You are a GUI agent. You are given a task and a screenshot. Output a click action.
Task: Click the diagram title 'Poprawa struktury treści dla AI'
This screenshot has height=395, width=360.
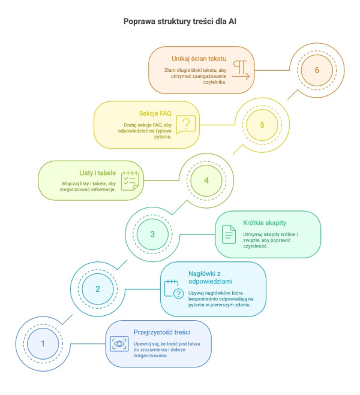[180, 22]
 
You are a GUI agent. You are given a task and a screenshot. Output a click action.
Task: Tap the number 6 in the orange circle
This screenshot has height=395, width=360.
[317, 70]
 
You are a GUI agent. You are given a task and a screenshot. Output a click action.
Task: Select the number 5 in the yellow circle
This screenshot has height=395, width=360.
[262, 125]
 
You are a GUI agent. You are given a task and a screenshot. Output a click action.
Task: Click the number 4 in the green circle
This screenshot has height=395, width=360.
[206, 180]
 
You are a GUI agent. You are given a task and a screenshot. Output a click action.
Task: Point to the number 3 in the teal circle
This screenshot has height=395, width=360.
[152, 234]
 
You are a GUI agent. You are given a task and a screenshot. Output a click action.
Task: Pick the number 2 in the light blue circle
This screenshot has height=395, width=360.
[98, 289]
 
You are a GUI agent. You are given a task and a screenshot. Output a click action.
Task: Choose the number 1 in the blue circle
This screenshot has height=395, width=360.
[43, 343]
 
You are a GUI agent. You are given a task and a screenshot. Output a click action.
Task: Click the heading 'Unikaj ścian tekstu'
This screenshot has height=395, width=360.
[199, 59]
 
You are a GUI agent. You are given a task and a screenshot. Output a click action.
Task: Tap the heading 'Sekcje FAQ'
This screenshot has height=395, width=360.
[155, 113]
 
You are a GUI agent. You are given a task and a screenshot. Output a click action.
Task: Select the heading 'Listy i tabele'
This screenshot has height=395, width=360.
[97, 173]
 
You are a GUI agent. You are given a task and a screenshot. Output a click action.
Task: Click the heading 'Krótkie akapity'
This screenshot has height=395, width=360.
[265, 223]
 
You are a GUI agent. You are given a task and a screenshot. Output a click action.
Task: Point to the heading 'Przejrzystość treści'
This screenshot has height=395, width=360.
[162, 332]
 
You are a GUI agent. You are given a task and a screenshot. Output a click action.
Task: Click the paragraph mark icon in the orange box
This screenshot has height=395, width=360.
[241, 70]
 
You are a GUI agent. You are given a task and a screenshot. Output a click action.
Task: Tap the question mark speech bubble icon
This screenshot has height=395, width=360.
[186, 125]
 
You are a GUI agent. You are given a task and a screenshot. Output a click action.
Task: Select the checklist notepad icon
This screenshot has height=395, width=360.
[130, 180]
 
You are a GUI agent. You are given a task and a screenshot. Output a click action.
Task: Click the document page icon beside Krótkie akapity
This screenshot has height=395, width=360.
[229, 234]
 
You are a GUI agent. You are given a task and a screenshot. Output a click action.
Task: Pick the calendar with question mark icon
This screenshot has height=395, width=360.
[173, 289]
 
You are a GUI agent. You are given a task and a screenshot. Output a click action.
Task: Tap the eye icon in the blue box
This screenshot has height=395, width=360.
[119, 344]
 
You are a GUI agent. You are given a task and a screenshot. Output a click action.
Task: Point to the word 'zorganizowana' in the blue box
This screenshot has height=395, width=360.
[151, 355]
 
